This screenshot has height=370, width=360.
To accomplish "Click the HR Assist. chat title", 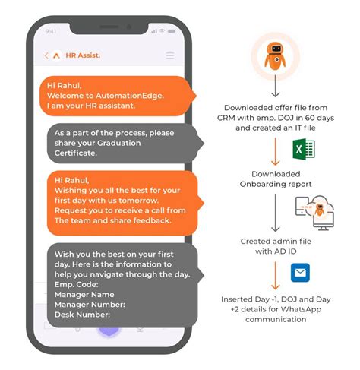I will [83, 55].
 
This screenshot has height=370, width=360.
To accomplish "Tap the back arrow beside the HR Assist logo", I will [47, 55].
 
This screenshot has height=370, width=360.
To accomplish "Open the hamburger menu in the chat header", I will [170, 55].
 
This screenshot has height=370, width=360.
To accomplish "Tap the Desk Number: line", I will [83, 314].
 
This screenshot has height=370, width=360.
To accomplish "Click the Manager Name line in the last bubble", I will [85, 293].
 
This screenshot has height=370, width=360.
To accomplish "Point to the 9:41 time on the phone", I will [51, 31].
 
